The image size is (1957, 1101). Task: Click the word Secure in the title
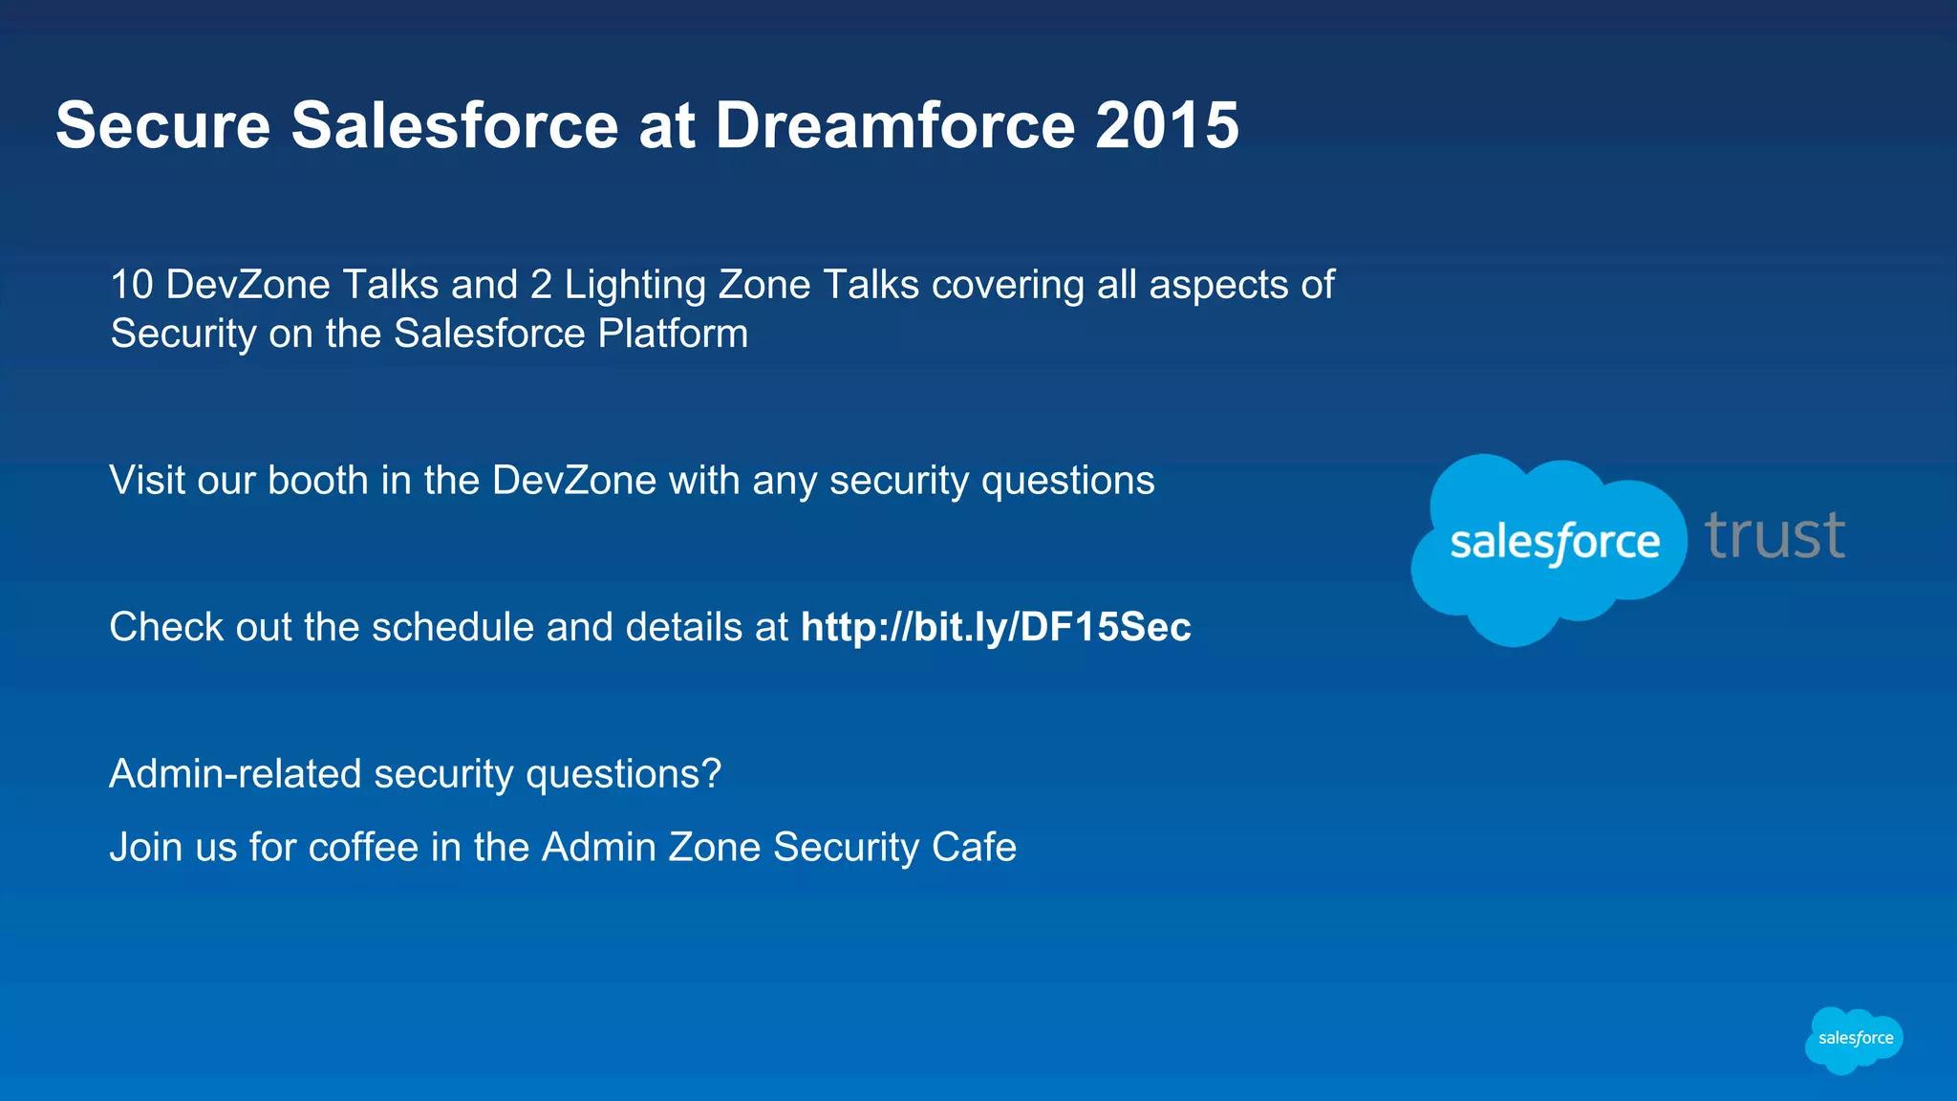click(163, 125)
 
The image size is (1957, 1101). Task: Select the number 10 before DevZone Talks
click(132, 285)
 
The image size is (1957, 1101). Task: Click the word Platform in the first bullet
click(673, 334)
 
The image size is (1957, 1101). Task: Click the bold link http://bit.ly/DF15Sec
click(996, 627)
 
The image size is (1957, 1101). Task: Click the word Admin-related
click(235, 773)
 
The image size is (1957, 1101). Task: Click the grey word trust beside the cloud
click(1774, 535)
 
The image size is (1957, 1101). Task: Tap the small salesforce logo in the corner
click(1854, 1039)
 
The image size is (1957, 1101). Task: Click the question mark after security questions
click(711, 773)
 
